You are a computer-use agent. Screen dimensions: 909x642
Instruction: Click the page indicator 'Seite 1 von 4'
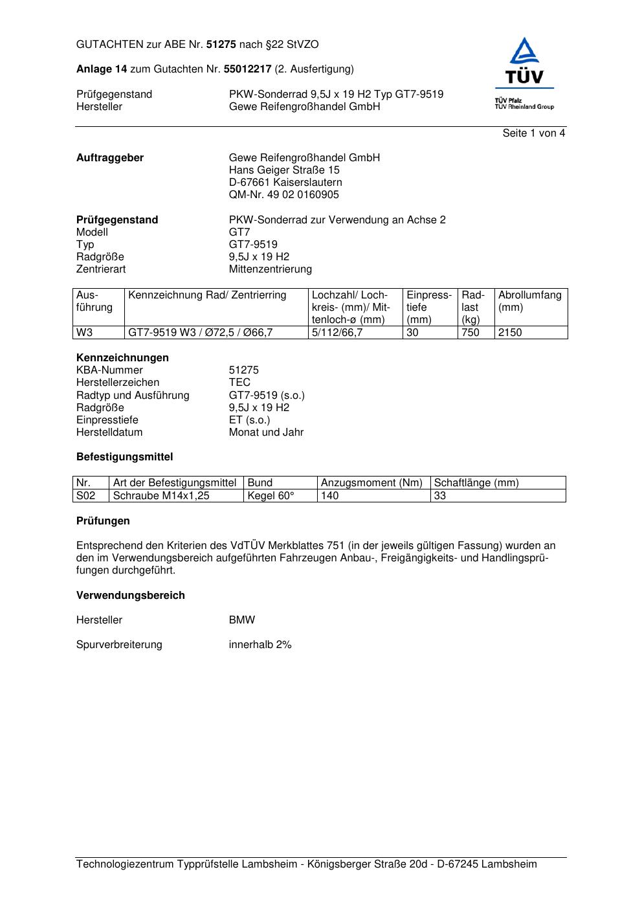click(533, 133)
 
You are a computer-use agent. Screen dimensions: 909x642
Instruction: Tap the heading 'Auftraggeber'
click(110, 158)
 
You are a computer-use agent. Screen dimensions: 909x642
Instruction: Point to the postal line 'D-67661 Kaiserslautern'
click(285, 183)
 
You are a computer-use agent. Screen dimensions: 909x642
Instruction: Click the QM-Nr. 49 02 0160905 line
click(283, 195)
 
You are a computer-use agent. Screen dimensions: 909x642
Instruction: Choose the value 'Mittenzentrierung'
click(270, 269)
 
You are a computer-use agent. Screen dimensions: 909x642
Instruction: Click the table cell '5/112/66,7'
click(337, 333)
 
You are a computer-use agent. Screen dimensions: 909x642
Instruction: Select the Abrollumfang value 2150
click(510, 333)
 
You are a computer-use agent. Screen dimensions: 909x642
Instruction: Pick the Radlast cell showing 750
click(470, 333)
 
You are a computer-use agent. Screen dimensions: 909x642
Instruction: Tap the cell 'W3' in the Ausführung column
click(85, 333)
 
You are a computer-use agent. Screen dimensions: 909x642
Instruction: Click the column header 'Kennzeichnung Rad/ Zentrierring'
click(207, 295)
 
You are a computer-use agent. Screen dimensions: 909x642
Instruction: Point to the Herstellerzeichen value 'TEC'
click(239, 383)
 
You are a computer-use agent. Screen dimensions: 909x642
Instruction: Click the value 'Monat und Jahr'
click(266, 432)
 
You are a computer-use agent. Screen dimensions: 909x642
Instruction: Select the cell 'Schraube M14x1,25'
click(161, 496)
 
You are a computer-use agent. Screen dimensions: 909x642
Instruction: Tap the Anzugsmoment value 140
click(330, 496)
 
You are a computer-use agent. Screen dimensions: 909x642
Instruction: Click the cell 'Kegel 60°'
click(271, 496)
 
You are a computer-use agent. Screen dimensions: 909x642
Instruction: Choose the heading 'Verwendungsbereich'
click(130, 596)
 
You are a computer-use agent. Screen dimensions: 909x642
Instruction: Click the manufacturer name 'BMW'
click(242, 620)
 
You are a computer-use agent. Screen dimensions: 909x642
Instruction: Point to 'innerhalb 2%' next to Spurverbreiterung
click(260, 645)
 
